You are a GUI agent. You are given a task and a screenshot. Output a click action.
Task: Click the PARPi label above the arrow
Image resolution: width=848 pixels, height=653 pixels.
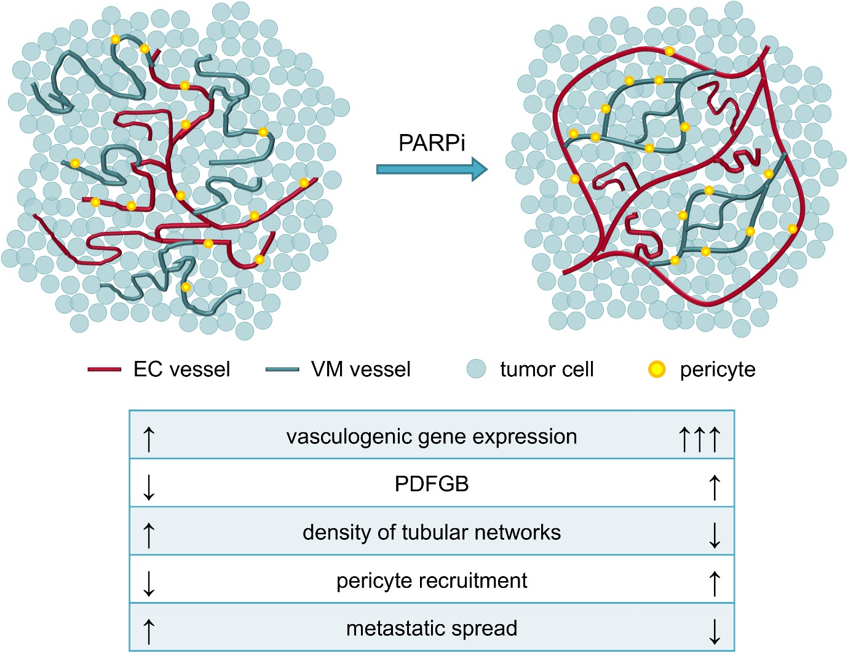[x=432, y=143]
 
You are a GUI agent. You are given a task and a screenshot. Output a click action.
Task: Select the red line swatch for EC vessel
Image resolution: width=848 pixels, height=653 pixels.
[x=104, y=370]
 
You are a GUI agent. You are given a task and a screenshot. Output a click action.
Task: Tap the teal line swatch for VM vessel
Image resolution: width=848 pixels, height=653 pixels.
[x=282, y=370]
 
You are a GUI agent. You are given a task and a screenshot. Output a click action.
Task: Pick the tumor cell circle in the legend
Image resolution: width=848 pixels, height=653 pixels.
[x=476, y=369]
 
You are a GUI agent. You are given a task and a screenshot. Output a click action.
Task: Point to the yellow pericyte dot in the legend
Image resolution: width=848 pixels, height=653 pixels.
[x=657, y=370]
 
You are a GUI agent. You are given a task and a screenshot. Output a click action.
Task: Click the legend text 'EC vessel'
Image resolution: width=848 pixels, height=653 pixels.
[x=181, y=370]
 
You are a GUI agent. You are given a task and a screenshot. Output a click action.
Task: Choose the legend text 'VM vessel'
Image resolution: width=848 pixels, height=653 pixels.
[x=360, y=370]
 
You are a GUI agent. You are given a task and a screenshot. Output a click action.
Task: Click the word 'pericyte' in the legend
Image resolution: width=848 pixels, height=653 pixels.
[x=717, y=370]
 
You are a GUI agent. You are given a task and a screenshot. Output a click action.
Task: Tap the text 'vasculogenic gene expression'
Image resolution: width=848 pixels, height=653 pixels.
[x=432, y=437]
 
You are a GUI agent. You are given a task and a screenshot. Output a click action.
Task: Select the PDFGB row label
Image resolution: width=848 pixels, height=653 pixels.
[x=432, y=485]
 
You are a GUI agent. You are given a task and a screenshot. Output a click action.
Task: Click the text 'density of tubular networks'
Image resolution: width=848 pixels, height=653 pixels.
[x=432, y=532]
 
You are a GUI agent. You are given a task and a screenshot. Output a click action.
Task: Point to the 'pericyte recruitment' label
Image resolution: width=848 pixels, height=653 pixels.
[x=432, y=580]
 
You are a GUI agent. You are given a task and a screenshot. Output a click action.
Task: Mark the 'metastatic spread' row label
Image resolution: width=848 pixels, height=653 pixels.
[x=432, y=628]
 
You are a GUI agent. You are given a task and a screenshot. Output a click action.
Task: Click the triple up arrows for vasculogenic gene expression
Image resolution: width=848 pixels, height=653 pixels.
[x=699, y=439]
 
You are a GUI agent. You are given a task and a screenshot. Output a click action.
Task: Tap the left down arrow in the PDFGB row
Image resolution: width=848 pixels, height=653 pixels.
[x=149, y=487]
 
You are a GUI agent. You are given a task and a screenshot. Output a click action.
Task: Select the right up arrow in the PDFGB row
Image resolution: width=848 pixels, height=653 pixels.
[x=714, y=487]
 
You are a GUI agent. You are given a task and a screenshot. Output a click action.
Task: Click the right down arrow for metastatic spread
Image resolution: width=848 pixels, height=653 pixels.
[x=714, y=631]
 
